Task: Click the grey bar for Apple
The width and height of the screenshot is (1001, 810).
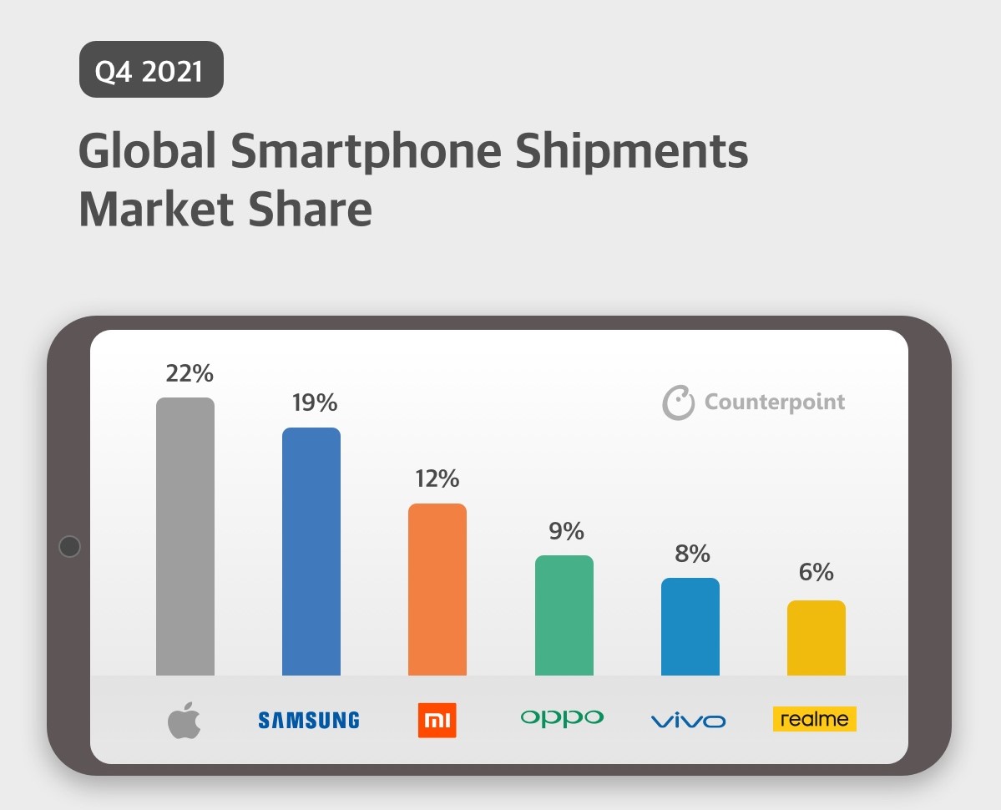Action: point(185,536)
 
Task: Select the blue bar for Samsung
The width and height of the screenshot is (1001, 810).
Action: point(311,551)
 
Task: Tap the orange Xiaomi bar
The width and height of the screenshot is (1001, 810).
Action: point(437,590)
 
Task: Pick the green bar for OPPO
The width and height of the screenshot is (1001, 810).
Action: point(564,615)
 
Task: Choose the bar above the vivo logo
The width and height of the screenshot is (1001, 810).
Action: point(690,626)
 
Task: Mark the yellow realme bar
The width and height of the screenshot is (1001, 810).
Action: point(816,638)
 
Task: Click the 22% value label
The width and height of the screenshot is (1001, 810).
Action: point(190,373)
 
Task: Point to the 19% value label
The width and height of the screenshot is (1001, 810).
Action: point(315,403)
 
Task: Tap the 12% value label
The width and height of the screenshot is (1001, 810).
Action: point(437,479)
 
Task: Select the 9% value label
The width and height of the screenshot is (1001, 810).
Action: point(566,532)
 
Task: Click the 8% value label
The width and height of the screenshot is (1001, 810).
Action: point(692,554)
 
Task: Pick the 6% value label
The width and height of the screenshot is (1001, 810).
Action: point(816,573)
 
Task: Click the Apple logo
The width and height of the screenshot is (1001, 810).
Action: point(185,720)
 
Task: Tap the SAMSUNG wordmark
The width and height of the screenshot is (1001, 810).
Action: point(309,720)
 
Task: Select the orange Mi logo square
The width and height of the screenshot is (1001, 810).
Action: point(437,720)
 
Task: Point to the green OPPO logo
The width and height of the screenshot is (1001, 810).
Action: point(562,717)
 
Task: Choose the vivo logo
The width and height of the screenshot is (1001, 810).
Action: point(688,721)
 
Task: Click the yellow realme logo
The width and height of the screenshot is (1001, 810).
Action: point(815,719)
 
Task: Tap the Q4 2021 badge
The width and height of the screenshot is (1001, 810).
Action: point(151,70)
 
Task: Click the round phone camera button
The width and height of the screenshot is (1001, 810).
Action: point(70,547)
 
